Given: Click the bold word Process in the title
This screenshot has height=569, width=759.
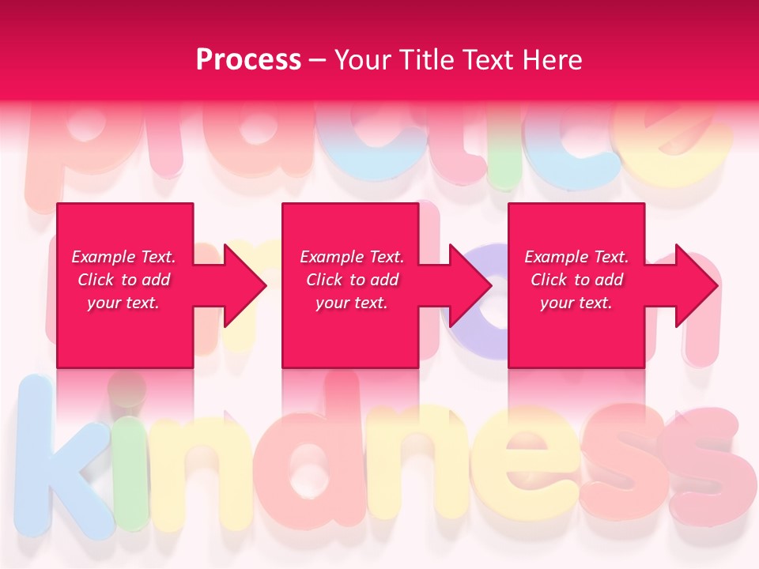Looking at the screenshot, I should point(248,59).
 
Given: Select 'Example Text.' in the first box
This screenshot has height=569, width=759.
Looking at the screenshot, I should point(123,257).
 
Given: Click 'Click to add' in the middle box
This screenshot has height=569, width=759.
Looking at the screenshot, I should point(352,280).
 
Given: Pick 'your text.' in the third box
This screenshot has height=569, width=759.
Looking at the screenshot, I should point(576,303).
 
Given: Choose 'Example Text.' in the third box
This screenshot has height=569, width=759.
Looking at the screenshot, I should point(576,257).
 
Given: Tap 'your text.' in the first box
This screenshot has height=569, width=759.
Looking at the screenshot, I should point(123,303).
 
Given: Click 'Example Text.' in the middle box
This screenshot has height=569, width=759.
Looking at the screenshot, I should point(352,257).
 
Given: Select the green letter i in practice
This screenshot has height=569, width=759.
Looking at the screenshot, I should point(503,150).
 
